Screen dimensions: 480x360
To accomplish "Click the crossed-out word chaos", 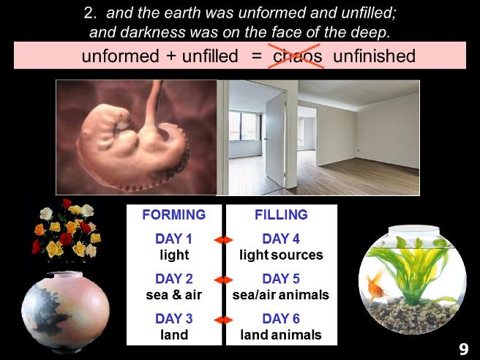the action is pos(297,56).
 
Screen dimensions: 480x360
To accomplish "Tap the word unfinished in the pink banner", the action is pos(374,56).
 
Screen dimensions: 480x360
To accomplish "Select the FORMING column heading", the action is pos(174,214).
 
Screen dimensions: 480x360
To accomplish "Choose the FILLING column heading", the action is pos(281,214).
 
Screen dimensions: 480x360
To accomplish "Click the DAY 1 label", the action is pos(174,239).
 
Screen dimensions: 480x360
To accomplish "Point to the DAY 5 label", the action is pos(281,279).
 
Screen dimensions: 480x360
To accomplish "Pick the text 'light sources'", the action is pos(281,255).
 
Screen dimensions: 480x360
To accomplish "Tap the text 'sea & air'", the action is pos(174,295).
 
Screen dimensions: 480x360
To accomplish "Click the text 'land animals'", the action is pos(281,334).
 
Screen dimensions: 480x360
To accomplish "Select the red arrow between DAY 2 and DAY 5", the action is pos(223,280).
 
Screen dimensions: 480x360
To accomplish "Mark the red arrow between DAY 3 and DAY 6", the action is pos(223,320).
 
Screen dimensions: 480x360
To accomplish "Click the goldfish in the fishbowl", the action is pos(376,286).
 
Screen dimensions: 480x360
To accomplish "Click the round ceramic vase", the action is pos(65,312).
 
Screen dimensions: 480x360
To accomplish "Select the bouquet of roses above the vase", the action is pos(67,230).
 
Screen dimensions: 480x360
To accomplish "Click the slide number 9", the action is pos(463,349).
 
